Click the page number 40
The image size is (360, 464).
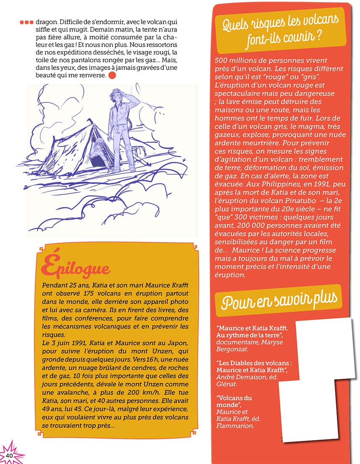click(9, 456)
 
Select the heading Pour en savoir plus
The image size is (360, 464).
click(280, 300)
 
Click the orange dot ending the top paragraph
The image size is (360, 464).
click(112, 76)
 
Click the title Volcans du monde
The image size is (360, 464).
click(234, 401)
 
